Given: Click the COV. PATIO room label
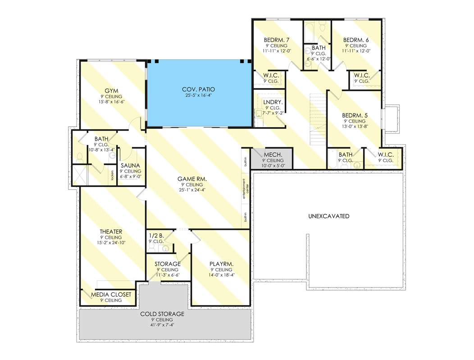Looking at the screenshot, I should point(198,90).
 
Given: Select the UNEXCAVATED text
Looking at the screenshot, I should point(329,216).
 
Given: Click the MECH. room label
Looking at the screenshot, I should point(273,155).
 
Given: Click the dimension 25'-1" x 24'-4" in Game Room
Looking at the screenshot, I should point(192,191).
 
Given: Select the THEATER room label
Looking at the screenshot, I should point(111,232).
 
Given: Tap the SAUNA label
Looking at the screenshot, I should point(130,165).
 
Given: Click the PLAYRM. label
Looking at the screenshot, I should point(221,264).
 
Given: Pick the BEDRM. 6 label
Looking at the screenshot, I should point(355,40).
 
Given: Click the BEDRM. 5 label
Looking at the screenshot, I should point(355,115).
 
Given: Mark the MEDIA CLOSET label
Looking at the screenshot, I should point(111,295).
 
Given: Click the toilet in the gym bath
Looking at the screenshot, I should point(80,157).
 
